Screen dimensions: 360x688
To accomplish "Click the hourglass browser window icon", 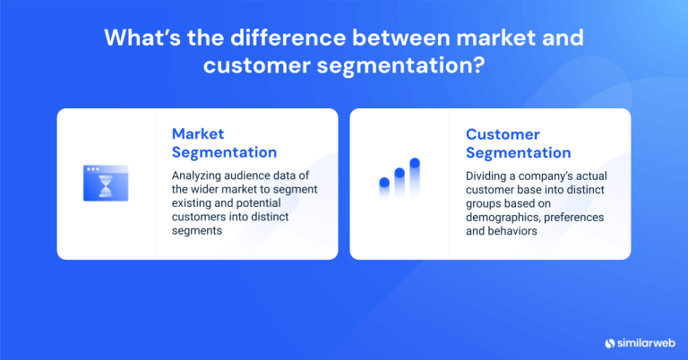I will (x=106, y=183).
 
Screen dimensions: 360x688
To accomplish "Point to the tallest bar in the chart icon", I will (x=415, y=176).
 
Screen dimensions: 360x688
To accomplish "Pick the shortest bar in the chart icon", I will (x=384, y=187).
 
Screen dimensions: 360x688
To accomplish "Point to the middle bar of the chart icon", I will (x=400, y=182).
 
